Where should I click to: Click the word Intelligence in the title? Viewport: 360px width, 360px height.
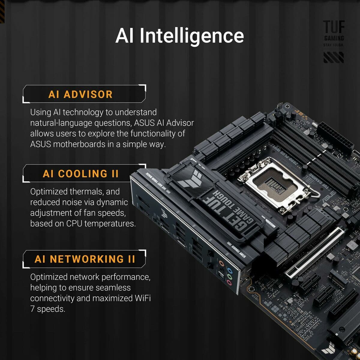coord(192,36)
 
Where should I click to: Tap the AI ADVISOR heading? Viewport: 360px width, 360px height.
coord(80,94)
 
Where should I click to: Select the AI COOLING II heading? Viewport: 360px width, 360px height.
coord(81,174)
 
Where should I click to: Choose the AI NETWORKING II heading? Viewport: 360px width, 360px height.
coord(85,259)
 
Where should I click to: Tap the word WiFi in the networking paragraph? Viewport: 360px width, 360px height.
coord(142,298)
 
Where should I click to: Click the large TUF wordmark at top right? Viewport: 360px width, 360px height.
coord(334,27)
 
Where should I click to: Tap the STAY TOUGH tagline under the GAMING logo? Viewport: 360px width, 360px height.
coord(334,45)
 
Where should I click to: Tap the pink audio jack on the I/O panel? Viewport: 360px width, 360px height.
coord(229,283)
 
